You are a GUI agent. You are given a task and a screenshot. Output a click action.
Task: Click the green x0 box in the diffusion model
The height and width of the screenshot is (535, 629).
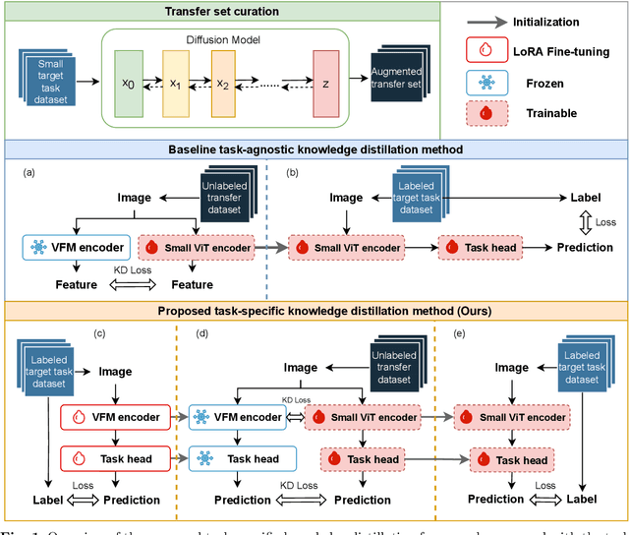(127, 84)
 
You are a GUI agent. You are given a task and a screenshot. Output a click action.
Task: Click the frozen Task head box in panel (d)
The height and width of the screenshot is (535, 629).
(243, 459)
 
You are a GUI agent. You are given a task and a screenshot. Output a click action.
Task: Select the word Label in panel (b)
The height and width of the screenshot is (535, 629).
(586, 198)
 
